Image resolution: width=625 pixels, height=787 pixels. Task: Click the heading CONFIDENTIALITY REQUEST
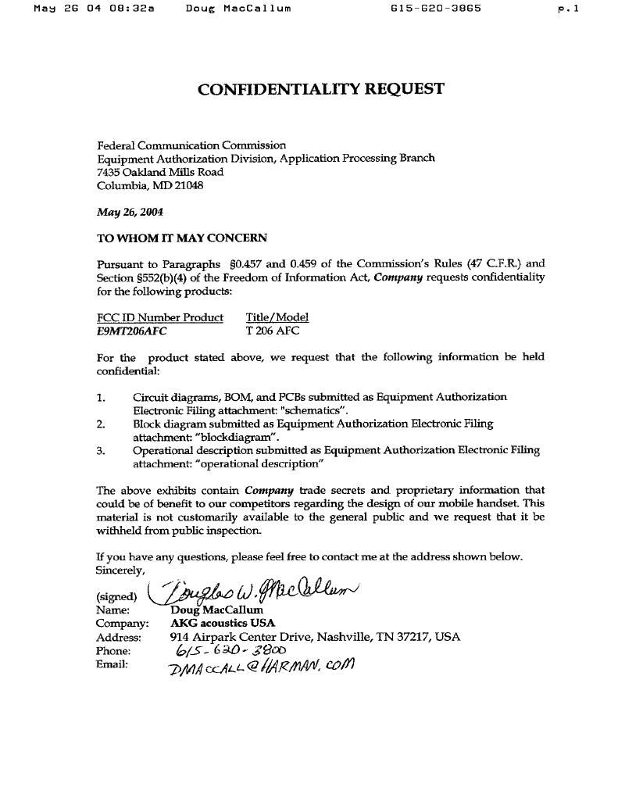tap(321, 89)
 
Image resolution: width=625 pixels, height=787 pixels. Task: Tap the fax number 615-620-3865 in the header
tap(435, 9)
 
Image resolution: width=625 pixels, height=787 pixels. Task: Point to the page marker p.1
tap(568, 9)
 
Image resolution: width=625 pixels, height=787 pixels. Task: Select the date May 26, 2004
tap(130, 212)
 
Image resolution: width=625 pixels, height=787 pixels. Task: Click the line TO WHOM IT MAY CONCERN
tap(181, 238)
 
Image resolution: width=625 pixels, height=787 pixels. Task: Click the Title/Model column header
tap(277, 317)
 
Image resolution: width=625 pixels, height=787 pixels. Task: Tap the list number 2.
tap(101, 424)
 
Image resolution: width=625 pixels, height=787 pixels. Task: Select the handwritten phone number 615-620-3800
tap(230, 650)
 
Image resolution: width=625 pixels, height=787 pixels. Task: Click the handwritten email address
tap(262, 667)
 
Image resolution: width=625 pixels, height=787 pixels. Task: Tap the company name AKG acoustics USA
tap(223, 623)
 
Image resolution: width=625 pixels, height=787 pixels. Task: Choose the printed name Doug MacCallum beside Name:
tap(216, 610)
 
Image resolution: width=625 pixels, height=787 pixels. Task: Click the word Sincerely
tap(120, 570)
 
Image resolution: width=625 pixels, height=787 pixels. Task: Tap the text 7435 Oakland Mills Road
tap(160, 172)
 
